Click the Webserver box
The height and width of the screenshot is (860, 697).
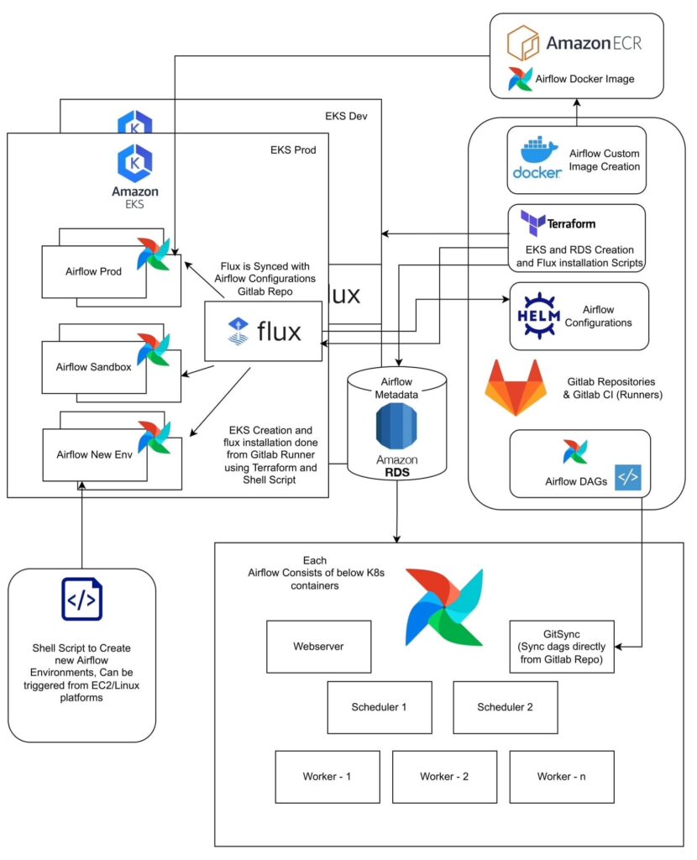click(x=318, y=647)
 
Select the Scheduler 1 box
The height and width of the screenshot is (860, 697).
click(x=379, y=706)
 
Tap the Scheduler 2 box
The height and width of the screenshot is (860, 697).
click(x=505, y=706)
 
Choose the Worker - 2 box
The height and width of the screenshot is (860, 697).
click(x=443, y=776)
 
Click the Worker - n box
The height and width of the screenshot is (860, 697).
click(x=561, y=776)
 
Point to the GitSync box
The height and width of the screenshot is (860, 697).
click(x=562, y=647)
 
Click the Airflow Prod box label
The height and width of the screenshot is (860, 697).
click(x=93, y=270)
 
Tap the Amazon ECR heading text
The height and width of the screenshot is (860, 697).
click(x=594, y=43)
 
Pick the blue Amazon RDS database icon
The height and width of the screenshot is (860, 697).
click(x=396, y=427)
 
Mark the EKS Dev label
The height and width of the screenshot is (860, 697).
click(x=347, y=115)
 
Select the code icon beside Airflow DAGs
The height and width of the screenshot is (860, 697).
click(x=627, y=476)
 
